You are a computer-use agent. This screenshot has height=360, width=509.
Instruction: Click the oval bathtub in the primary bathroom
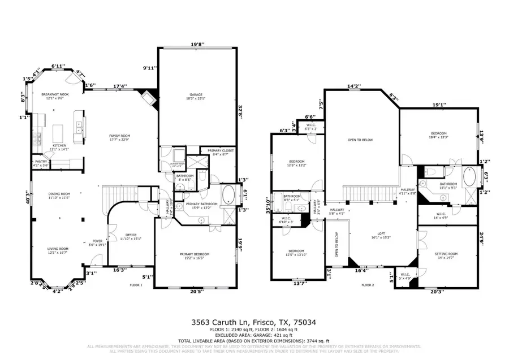point(228,194)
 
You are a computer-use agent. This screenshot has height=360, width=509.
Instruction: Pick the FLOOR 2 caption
point(368,285)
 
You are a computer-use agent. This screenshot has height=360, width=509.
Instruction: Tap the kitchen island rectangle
point(57,134)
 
